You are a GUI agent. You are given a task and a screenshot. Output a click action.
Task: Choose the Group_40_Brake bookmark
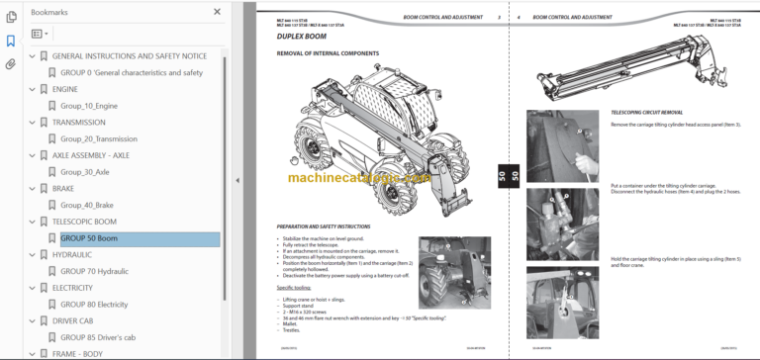(x=89, y=206)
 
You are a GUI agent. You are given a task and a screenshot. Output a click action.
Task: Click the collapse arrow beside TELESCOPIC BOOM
(x=32, y=223)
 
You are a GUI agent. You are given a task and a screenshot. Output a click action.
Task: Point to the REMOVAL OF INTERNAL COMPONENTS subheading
(x=328, y=53)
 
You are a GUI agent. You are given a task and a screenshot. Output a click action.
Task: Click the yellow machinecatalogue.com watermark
(x=357, y=177)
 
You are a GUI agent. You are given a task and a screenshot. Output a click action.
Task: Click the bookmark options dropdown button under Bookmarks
(x=40, y=33)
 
